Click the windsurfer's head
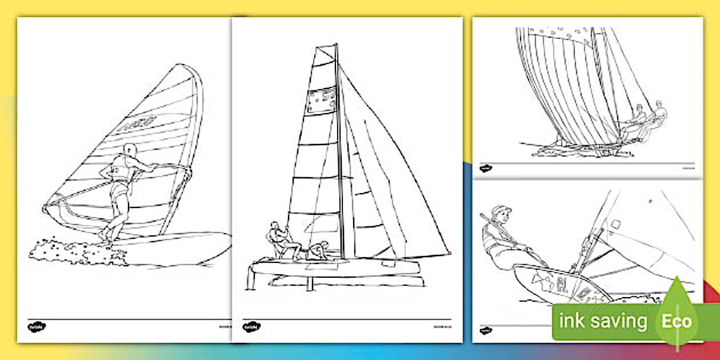131,151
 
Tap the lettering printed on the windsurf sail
138,123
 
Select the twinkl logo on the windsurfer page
37,326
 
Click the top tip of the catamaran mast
336,45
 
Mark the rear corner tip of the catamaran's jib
448,253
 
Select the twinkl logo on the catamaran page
250,326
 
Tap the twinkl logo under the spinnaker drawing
486,167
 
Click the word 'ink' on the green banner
572,321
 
